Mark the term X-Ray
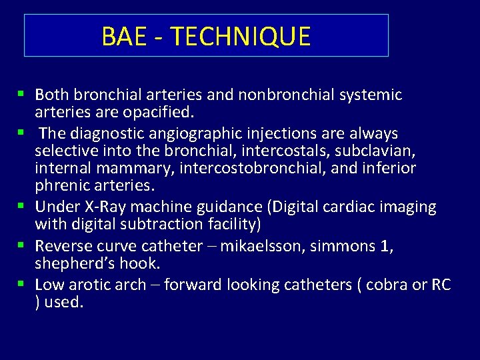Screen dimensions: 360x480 (109, 207)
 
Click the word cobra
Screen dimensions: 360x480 (387, 285)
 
